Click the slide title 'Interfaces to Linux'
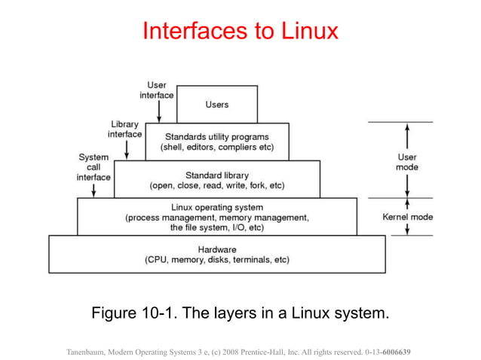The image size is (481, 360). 240,31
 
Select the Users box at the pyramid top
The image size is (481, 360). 217,104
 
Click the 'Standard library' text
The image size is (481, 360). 216,174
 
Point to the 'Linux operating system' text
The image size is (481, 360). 217,207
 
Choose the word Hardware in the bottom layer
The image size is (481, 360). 217,249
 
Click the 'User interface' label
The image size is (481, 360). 157,90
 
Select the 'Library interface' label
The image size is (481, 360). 126,129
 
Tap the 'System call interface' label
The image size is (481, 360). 93,167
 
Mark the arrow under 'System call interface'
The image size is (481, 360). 93,190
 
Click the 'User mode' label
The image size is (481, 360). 407,162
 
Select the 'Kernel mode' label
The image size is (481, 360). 407,217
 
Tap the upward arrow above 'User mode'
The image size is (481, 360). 407,137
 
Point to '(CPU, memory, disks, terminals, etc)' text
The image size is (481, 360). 217,260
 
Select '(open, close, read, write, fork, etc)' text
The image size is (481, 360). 216,185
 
